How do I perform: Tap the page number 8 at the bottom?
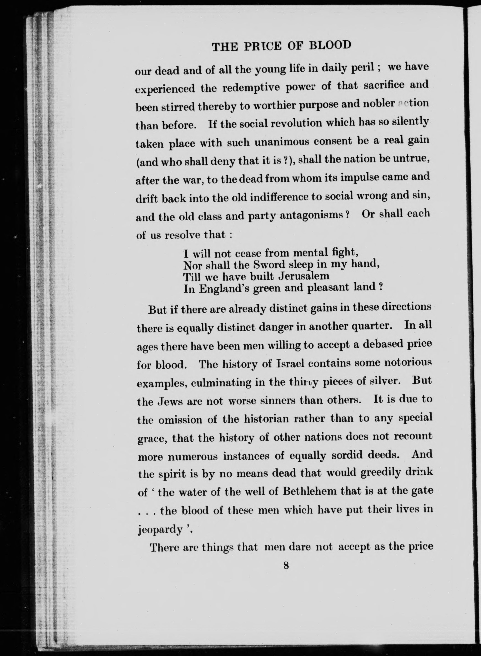[286, 566]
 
